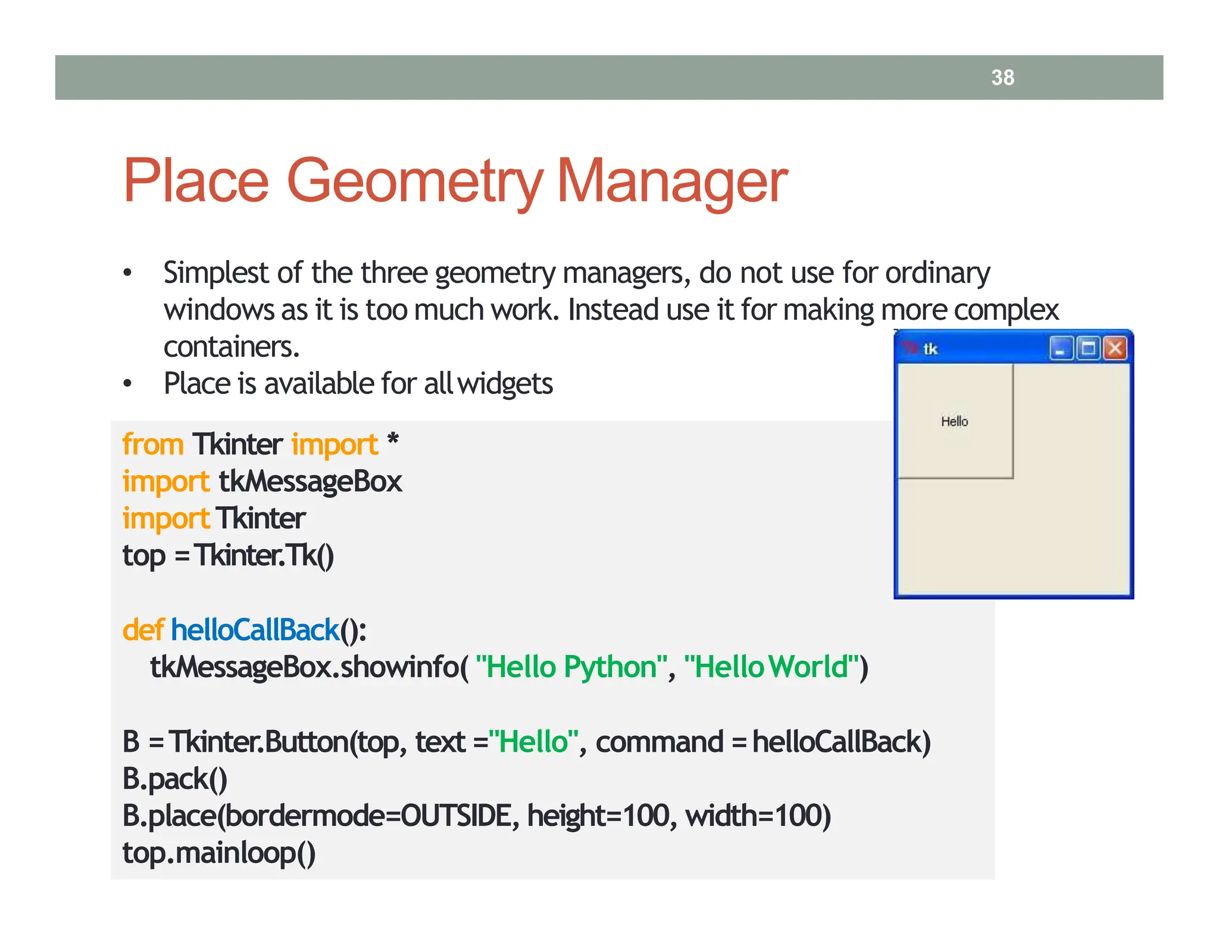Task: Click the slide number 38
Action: tap(1002, 77)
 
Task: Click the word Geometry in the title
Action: tap(415, 182)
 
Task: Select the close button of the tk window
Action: tap(1115, 348)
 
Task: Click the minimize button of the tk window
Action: tap(1060, 348)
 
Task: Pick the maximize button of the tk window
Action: tap(1087, 348)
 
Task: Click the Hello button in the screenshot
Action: tap(955, 421)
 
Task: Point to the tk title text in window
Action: tap(930, 349)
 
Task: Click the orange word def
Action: tap(143, 630)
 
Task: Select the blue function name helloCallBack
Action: tap(255, 630)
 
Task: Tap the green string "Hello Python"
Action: tap(570, 667)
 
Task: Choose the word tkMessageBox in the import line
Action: tap(310, 482)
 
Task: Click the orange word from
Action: tap(153, 445)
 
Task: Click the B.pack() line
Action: tap(174, 779)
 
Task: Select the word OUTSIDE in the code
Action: tap(456, 816)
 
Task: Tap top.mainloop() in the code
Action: tap(218, 853)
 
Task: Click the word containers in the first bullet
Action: tap(231, 347)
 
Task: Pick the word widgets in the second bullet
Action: tap(505, 383)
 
